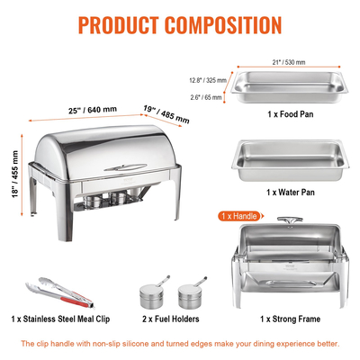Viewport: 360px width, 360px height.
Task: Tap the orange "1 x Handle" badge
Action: (238, 217)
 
